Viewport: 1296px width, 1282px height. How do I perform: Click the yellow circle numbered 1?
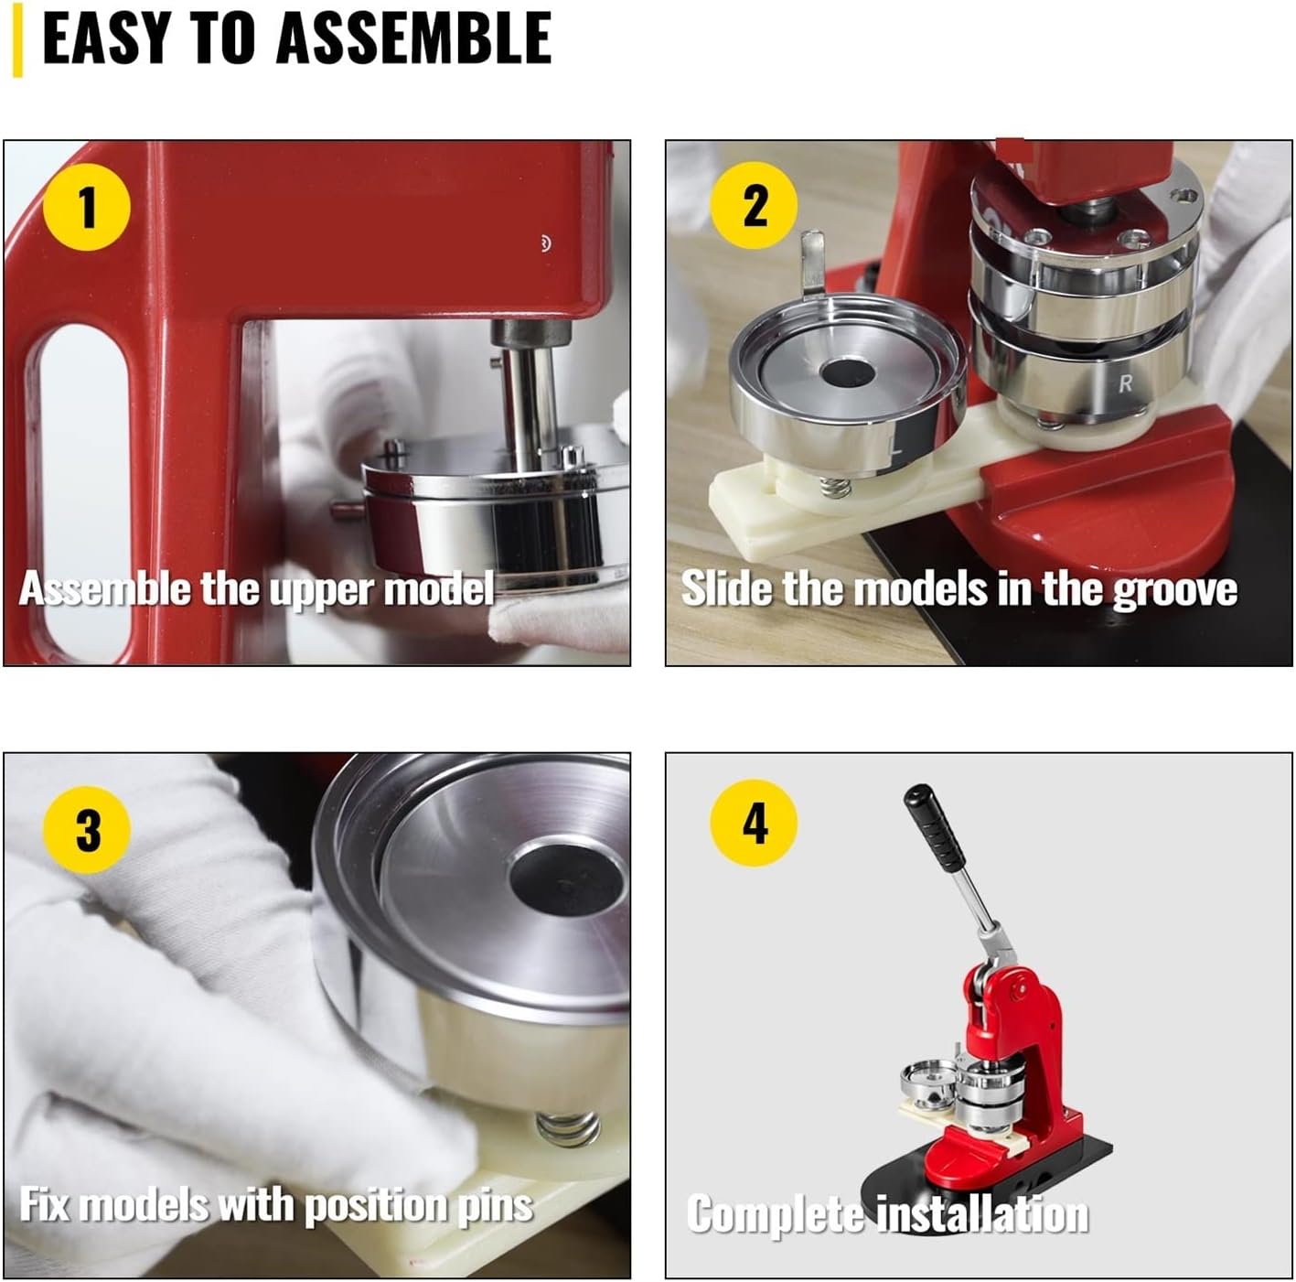87,207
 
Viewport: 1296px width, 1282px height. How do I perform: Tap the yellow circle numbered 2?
754,205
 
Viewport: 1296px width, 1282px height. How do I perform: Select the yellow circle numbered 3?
87,830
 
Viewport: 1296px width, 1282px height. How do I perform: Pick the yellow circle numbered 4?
754,823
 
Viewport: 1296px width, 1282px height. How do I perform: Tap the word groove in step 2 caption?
1175,589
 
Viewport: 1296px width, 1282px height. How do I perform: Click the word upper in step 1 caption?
321,590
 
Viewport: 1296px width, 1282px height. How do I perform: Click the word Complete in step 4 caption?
774,1214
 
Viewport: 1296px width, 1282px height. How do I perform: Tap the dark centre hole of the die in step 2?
848,372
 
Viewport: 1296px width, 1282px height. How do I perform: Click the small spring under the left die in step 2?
836,487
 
